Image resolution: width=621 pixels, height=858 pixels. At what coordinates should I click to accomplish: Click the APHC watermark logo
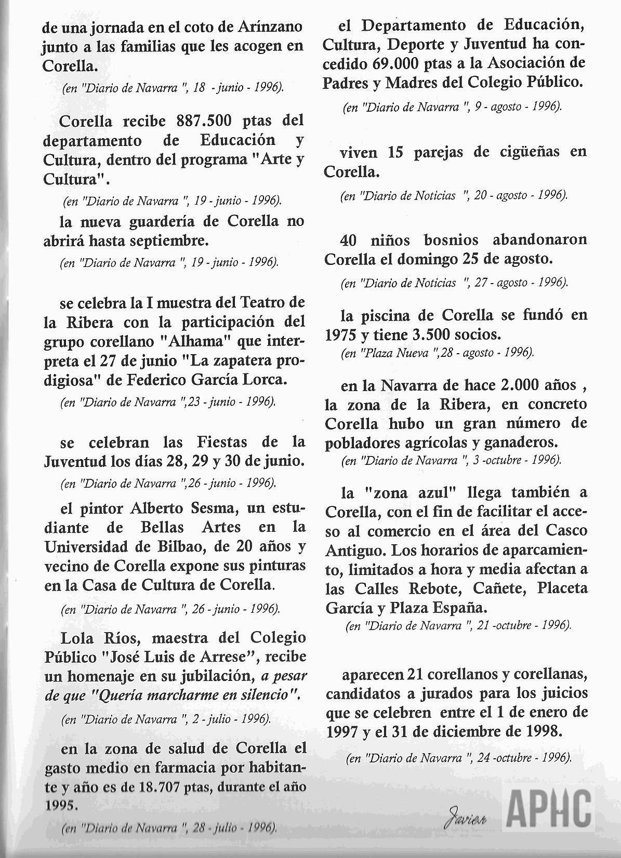(x=549, y=810)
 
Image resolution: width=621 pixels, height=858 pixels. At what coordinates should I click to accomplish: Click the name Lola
(x=77, y=638)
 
